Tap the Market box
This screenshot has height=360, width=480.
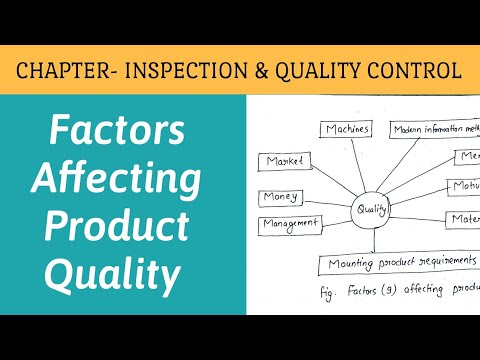click(286, 161)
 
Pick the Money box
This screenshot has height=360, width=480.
click(281, 197)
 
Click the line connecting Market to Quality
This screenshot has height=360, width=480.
click(331, 183)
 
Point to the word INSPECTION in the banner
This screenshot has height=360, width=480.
click(191, 71)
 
